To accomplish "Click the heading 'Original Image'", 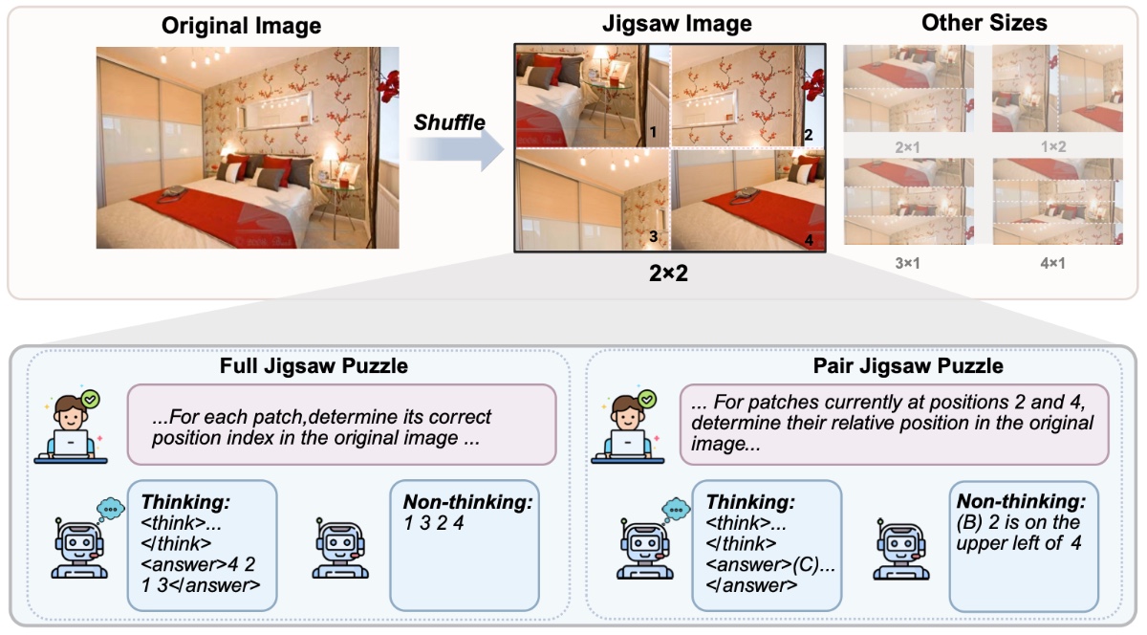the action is click(x=241, y=26).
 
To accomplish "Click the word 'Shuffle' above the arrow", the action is click(x=449, y=122).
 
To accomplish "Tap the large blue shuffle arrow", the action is click(x=456, y=150).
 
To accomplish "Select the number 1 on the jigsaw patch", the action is click(x=653, y=132).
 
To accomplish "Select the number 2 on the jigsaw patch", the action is click(x=808, y=135).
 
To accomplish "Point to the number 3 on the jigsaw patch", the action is click(x=654, y=236).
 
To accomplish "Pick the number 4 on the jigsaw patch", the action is click(x=809, y=240).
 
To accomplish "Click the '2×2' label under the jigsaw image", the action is click(x=668, y=274).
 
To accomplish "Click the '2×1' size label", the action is click(x=907, y=147).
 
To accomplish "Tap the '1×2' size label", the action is click(x=1053, y=147).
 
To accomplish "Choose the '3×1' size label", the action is click(x=907, y=263).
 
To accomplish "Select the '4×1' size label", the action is click(x=1052, y=263).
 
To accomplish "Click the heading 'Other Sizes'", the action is click(x=985, y=23).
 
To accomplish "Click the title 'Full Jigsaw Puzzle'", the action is click(x=314, y=366).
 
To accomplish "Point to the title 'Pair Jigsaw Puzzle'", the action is click(x=908, y=366).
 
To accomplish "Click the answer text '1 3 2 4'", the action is click(x=434, y=523).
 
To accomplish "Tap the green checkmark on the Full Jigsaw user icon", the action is click(x=91, y=399).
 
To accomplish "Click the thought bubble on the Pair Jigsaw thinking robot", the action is click(x=676, y=510).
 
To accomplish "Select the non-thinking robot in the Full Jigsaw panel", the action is click(x=340, y=548).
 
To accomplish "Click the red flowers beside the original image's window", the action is click(x=389, y=85).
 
